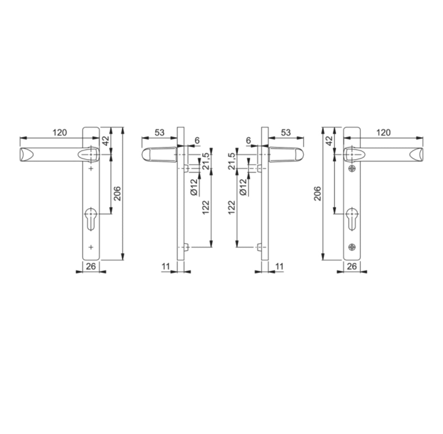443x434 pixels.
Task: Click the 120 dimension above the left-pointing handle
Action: [59, 132]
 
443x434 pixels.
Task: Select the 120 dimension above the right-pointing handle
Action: [383, 132]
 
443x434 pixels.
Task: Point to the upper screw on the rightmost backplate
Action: [352, 168]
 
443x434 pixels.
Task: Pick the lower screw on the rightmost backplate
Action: [352, 247]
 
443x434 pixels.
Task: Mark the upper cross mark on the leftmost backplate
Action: [91, 168]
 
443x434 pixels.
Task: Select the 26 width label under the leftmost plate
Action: [91, 266]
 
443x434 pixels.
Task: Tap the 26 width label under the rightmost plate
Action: [352, 266]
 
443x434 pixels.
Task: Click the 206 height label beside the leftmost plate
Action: [117, 193]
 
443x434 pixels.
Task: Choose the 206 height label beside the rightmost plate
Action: [318, 193]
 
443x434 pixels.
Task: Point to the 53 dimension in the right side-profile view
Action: [286, 132]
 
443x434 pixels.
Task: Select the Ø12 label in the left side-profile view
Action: [194, 187]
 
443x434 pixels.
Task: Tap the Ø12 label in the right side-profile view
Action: [243, 187]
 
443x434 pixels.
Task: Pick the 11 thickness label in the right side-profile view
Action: [279, 266]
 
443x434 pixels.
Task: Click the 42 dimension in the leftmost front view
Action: [106, 141]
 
